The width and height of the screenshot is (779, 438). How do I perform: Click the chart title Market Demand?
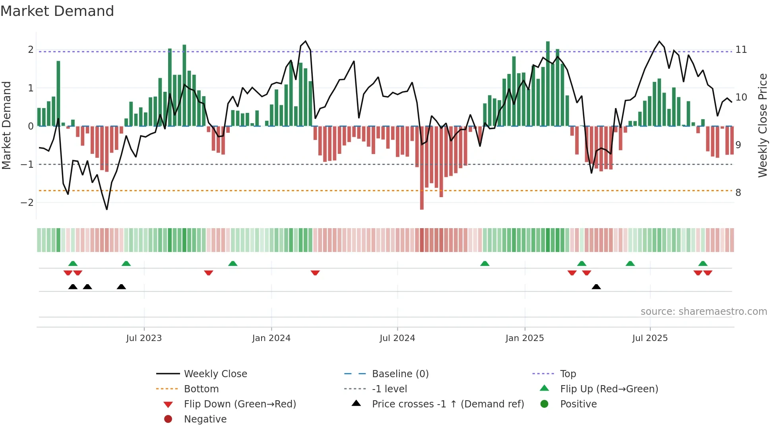pyautogui.click(x=57, y=11)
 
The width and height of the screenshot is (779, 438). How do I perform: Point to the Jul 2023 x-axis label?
pyautogui.click(x=144, y=338)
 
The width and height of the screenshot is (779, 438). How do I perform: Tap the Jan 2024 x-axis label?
pyautogui.click(x=271, y=338)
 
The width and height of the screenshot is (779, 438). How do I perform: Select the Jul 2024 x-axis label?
pyautogui.click(x=397, y=338)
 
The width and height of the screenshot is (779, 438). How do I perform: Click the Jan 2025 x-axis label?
pyautogui.click(x=525, y=338)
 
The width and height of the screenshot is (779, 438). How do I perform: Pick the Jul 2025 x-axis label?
pyautogui.click(x=650, y=338)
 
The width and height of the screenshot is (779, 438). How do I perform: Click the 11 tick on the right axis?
pyautogui.click(x=741, y=50)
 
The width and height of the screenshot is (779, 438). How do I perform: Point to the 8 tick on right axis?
pyautogui.click(x=738, y=193)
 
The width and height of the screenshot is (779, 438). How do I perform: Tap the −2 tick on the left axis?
pyautogui.click(x=27, y=203)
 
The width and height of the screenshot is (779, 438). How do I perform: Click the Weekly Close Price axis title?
pyautogui.click(x=762, y=125)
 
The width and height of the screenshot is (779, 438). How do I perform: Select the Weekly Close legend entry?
pyautogui.click(x=215, y=374)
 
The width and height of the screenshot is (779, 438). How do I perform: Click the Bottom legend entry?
pyautogui.click(x=201, y=389)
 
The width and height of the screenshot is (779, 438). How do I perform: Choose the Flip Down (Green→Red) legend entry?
pyautogui.click(x=240, y=404)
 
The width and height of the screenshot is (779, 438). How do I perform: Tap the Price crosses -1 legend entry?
pyautogui.click(x=448, y=404)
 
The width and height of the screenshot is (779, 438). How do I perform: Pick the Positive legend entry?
pyautogui.click(x=578, y=404)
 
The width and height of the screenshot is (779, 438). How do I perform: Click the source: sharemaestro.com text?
pyautogui.click(x=703, y=312)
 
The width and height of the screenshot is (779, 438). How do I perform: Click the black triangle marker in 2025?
pyautogui.click(x=596, y=287)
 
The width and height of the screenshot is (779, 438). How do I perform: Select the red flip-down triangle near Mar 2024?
pyautogui.click(x=315, y=273)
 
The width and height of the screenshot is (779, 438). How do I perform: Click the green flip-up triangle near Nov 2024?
pyautogui.click(x=484, y=264)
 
